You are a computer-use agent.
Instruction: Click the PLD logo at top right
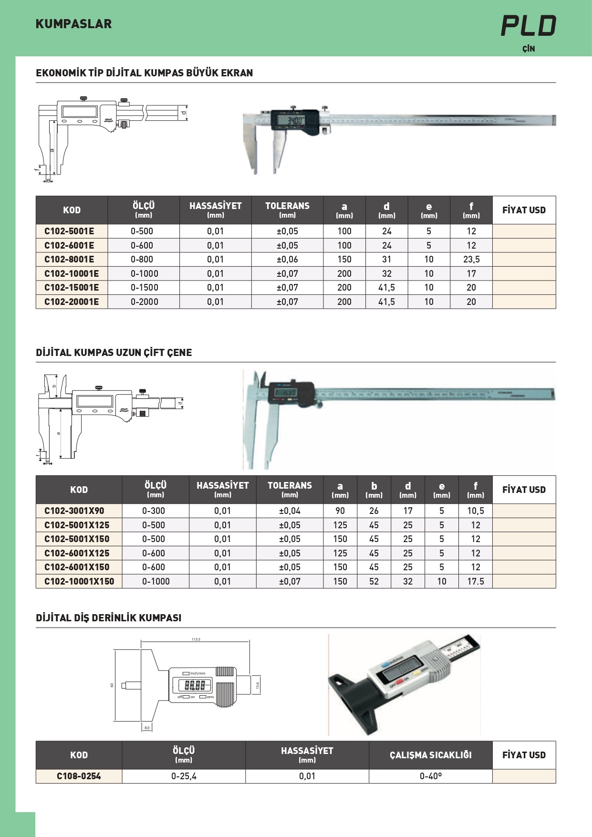click(x=529, y=26)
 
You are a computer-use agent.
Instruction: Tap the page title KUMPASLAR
click(x=73, y=24)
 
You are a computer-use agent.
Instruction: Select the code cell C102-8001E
click(x=69, y=259)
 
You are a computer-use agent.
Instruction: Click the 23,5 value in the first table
click(x=471, y=259)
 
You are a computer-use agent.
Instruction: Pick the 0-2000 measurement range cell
click(x=144, y=302)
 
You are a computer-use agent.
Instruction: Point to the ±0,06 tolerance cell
click(x=287, y=259)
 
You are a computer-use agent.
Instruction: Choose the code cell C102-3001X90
click(x=74, y=511)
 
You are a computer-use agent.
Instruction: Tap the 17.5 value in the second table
click(x=475, y=581)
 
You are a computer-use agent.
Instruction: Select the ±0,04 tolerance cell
click(x=290, y=511)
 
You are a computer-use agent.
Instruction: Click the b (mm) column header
click(x=374, y=490)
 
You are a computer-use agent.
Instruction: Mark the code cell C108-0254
click(x=79, y=776)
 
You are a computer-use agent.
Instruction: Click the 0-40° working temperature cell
click(x=430, y=776)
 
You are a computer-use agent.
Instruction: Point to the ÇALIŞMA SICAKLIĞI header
click(x=430, y=755)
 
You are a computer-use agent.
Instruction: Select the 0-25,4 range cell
click(x=184, y=776)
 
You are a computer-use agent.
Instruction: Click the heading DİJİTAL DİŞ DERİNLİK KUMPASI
click(x=108, y=617)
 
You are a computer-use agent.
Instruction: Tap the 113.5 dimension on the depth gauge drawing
click(x=196, y=639)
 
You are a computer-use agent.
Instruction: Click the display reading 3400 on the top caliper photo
click(x=294, y=120)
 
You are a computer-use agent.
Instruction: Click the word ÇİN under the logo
click(x=529, y=49)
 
